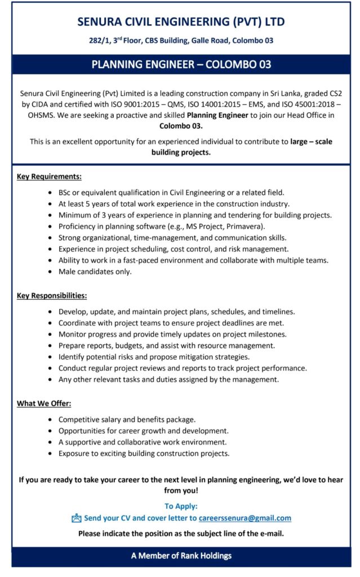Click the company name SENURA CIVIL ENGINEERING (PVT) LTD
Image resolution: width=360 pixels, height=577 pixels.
point(181,22)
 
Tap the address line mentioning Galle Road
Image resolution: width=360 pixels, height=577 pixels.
point(181,41)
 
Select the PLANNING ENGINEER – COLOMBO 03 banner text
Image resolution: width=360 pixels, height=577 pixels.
point(181,64)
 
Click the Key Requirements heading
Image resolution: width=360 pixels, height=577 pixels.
point(49,176)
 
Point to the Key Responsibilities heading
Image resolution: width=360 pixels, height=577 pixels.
point(52,295)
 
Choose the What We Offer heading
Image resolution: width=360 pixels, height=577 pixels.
point(44,403)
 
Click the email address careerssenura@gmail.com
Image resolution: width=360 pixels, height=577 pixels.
point(245,518)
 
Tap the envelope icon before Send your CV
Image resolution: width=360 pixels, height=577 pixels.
point(77,518)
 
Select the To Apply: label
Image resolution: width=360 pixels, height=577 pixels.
point(181,506)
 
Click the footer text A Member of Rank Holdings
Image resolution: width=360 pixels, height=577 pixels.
point(181,556)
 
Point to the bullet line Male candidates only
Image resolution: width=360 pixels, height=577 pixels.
point(95,272)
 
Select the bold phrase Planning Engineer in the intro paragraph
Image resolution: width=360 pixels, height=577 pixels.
point(217,116)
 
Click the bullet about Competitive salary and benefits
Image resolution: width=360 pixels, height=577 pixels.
point(127,420)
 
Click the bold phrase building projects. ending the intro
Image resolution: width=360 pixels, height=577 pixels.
point(181,153)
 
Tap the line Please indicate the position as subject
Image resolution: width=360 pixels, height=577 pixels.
point(181,533)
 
